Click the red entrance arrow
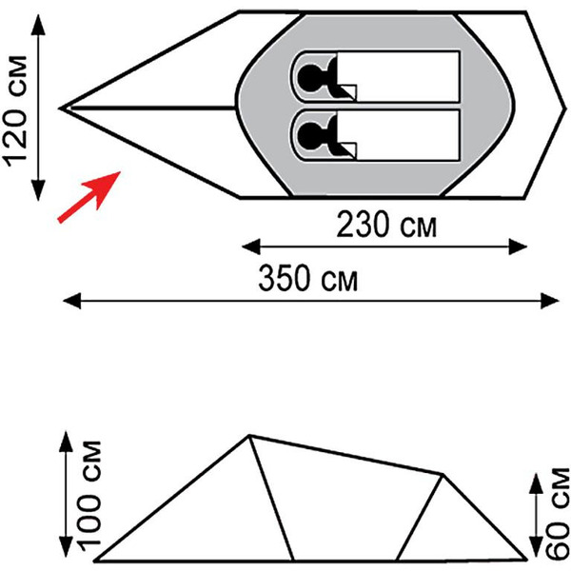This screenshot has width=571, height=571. (x=89, y=197)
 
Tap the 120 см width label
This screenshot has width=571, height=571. (x=15, y=111)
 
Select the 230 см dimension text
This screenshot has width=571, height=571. (x=386, y=225)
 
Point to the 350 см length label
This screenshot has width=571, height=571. (x=308, y=279)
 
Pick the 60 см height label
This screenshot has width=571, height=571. (x=557, y=514)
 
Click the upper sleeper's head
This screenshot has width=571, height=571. (x=309, y=77)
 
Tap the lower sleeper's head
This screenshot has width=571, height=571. (x=309, y=135)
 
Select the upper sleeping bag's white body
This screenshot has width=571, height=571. (x=399, y=77)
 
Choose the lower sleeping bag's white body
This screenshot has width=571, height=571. (x=399, y=135)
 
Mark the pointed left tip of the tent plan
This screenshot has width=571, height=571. (x=60, y=108)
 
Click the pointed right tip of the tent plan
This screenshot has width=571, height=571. (x=566, y=108)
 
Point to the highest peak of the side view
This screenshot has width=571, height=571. (x=249, y=435)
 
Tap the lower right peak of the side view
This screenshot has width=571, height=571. (x=443, y=475)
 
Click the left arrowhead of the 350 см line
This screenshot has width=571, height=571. (x=71, y=301)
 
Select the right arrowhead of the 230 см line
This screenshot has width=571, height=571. (x=518, y=246)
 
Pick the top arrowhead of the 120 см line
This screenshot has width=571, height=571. (x=38, y=25)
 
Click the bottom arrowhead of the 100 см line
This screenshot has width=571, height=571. (x=66, y=546)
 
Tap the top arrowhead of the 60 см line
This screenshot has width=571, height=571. (x=536, y=483)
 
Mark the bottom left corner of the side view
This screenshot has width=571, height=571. (x=95, y=561)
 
